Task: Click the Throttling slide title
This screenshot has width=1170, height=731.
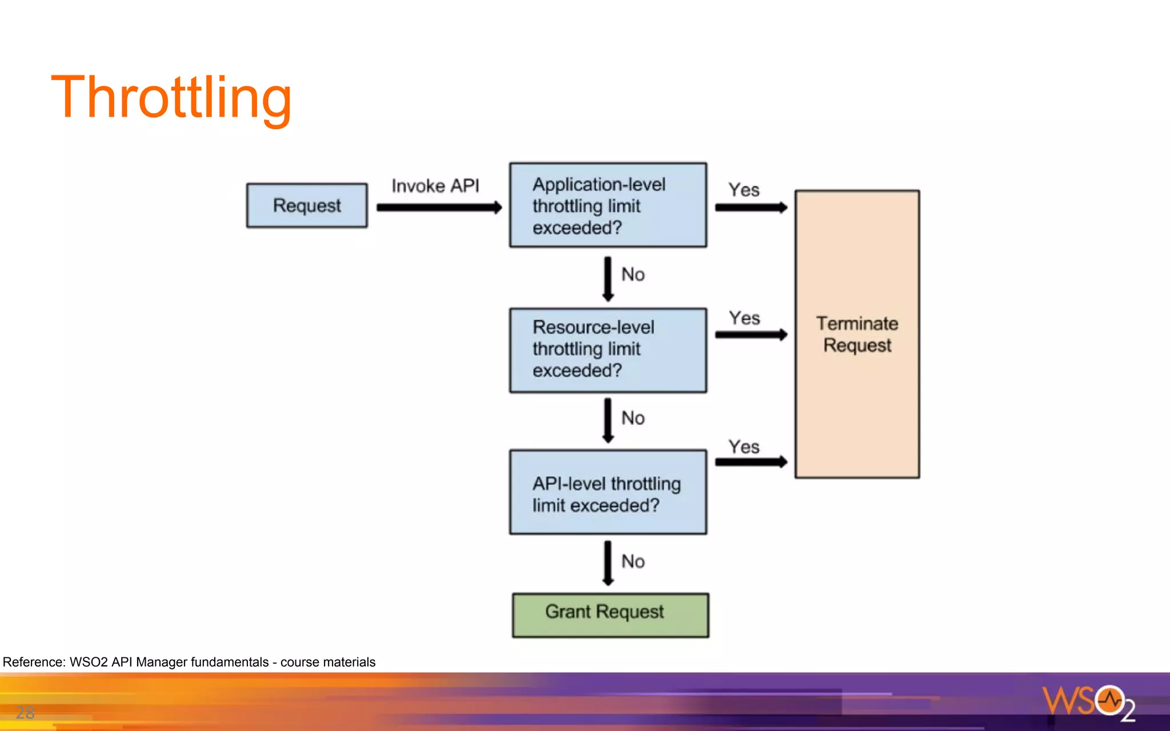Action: pos(171,98)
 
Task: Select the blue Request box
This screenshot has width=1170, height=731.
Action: pos(307,206)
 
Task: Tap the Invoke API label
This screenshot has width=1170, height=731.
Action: pos(435,186)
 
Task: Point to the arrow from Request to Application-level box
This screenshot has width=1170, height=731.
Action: pos(439,208)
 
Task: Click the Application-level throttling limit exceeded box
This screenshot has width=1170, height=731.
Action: pos(608,206)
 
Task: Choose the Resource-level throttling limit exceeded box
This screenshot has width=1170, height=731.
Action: pos(608,350)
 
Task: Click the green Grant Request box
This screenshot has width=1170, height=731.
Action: pos(610,614)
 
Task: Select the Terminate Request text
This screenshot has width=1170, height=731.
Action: pos(857,334)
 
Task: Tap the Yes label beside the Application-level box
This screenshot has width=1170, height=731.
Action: pos(744,190)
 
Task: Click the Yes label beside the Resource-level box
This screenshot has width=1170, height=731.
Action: pos(744,318)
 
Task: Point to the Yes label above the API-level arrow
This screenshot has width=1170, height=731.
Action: pos(744,447)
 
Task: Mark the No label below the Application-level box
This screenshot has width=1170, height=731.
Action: pos(633,275)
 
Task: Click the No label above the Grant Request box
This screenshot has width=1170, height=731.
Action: pos(633,561)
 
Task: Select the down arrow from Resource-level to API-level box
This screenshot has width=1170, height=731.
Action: pos(608,420)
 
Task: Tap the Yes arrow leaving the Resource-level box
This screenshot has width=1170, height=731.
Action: pos(751,335)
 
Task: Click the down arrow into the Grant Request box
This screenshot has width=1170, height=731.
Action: pos(608,563)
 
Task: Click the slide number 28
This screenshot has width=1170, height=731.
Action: pos(25,712)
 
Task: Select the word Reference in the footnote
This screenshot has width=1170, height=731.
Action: pos(34,662)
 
